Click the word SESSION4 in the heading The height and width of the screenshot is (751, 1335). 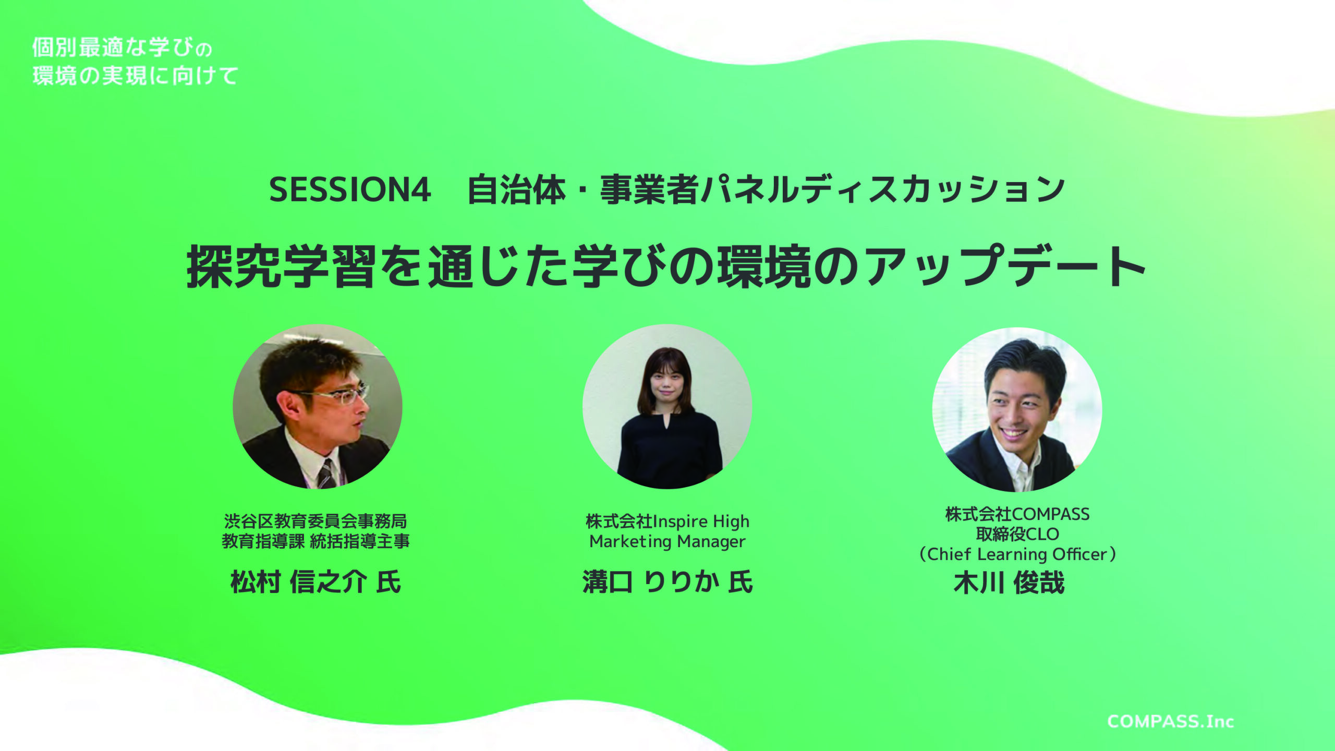[350, 189]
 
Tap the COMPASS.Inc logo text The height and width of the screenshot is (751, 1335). [1171, 722]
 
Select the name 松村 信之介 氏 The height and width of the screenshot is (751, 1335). [316, 582]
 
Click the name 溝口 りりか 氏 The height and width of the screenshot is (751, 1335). [667, 582]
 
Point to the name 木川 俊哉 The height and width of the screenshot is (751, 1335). [1009, 583]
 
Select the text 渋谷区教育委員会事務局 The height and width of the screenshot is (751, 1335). [315, 521]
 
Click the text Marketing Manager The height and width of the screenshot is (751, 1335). [667, 542]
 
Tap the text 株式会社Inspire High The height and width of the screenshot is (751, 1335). [667, 522]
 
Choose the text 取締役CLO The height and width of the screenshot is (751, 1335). [1017, 534]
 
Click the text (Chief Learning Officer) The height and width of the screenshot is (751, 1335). [1017, 554]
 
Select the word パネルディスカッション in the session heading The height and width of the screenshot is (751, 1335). [883, 189]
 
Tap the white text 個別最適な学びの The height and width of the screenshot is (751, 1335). [122, 47]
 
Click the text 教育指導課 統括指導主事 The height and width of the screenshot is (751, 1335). [315, 541]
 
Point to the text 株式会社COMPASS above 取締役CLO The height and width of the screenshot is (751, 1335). [1017, 514]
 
